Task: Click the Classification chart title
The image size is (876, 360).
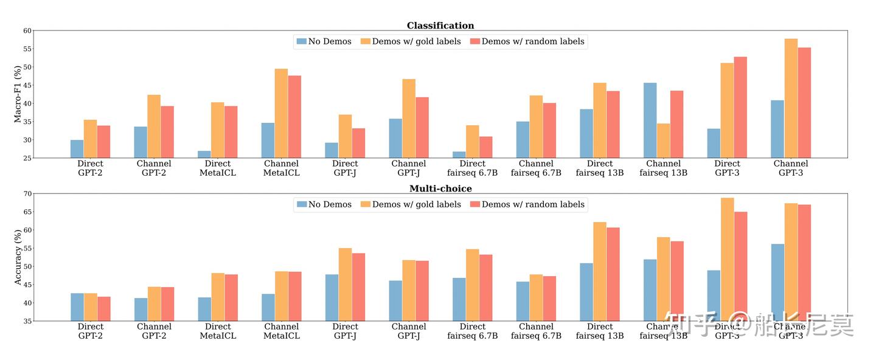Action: pyautogui.click(x=440, y=26)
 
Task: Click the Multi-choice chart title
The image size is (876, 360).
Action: pyautogui.click(x=440, y=189)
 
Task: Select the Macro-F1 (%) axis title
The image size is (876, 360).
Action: pyautogui.click(x=18, y=94)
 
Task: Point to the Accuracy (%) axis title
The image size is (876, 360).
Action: pyautogui.click(x=18, y=257)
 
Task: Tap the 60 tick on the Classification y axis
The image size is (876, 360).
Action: pyautogui.click(x=27, y=30)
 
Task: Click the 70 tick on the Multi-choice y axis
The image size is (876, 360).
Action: pyautogui.click(x=27, y=194)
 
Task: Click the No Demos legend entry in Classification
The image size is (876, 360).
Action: pyautogui.click(x=324, y=41)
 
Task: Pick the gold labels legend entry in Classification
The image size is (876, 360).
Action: pyautogui.click(x=411, y=41)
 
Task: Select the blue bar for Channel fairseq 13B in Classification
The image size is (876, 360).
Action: pyautogui.click(x=650, y=120)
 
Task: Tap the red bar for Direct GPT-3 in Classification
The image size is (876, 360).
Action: pyautogui.click(x=740, y=108)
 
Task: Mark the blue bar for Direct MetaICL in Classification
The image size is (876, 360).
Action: pyautogui.click(x=204, y=154)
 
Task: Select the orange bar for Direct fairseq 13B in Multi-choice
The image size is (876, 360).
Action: pyautogui.click(x=600, y=271)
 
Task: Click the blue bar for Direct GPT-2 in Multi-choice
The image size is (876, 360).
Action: pyautogui.click(x=77, y=307)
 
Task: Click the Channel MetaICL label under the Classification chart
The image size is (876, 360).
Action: pyautogui.click(x=281, y=168)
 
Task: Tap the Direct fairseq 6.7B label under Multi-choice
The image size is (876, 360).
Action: pyautogui.click(x=473, y=331)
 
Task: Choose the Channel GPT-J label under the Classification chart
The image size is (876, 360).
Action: pyautogui.click(x=409, y=168)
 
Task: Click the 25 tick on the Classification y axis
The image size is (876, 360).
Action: pyautogui.click(x=27, y=158)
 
